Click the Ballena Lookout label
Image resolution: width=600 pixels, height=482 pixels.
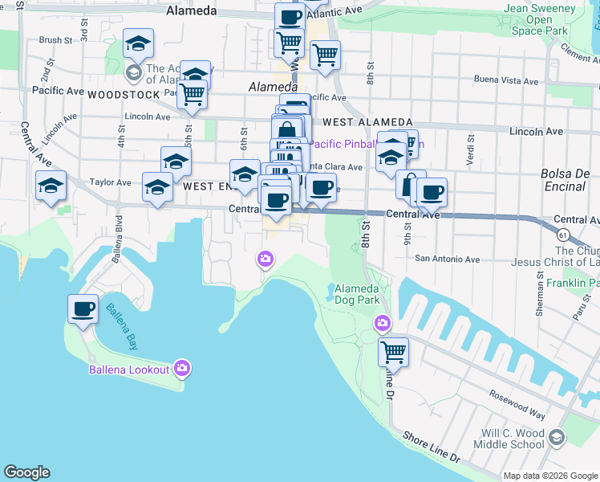(x=130, y=369)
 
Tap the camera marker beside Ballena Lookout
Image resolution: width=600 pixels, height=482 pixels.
(x=182, y=368)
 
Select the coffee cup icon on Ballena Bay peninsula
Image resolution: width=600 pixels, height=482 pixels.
(x=83, y=309)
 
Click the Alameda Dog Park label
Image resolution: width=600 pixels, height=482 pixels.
(x=356, y=294)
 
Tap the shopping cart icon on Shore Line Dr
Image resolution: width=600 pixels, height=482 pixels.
(x=393, y=351)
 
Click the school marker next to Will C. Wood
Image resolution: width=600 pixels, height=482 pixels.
(x=557, y=437)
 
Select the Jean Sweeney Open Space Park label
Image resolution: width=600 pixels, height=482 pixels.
(x=539, y=19)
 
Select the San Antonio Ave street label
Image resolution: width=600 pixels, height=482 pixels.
(x=447, y=259)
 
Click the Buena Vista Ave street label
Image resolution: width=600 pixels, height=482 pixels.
(x=506, y=80)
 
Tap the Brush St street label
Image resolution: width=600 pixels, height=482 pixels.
(x=55, y=39)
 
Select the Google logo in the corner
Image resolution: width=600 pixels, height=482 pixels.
(x=26, y=472)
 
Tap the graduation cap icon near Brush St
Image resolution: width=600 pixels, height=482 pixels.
(x=139, y=43)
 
